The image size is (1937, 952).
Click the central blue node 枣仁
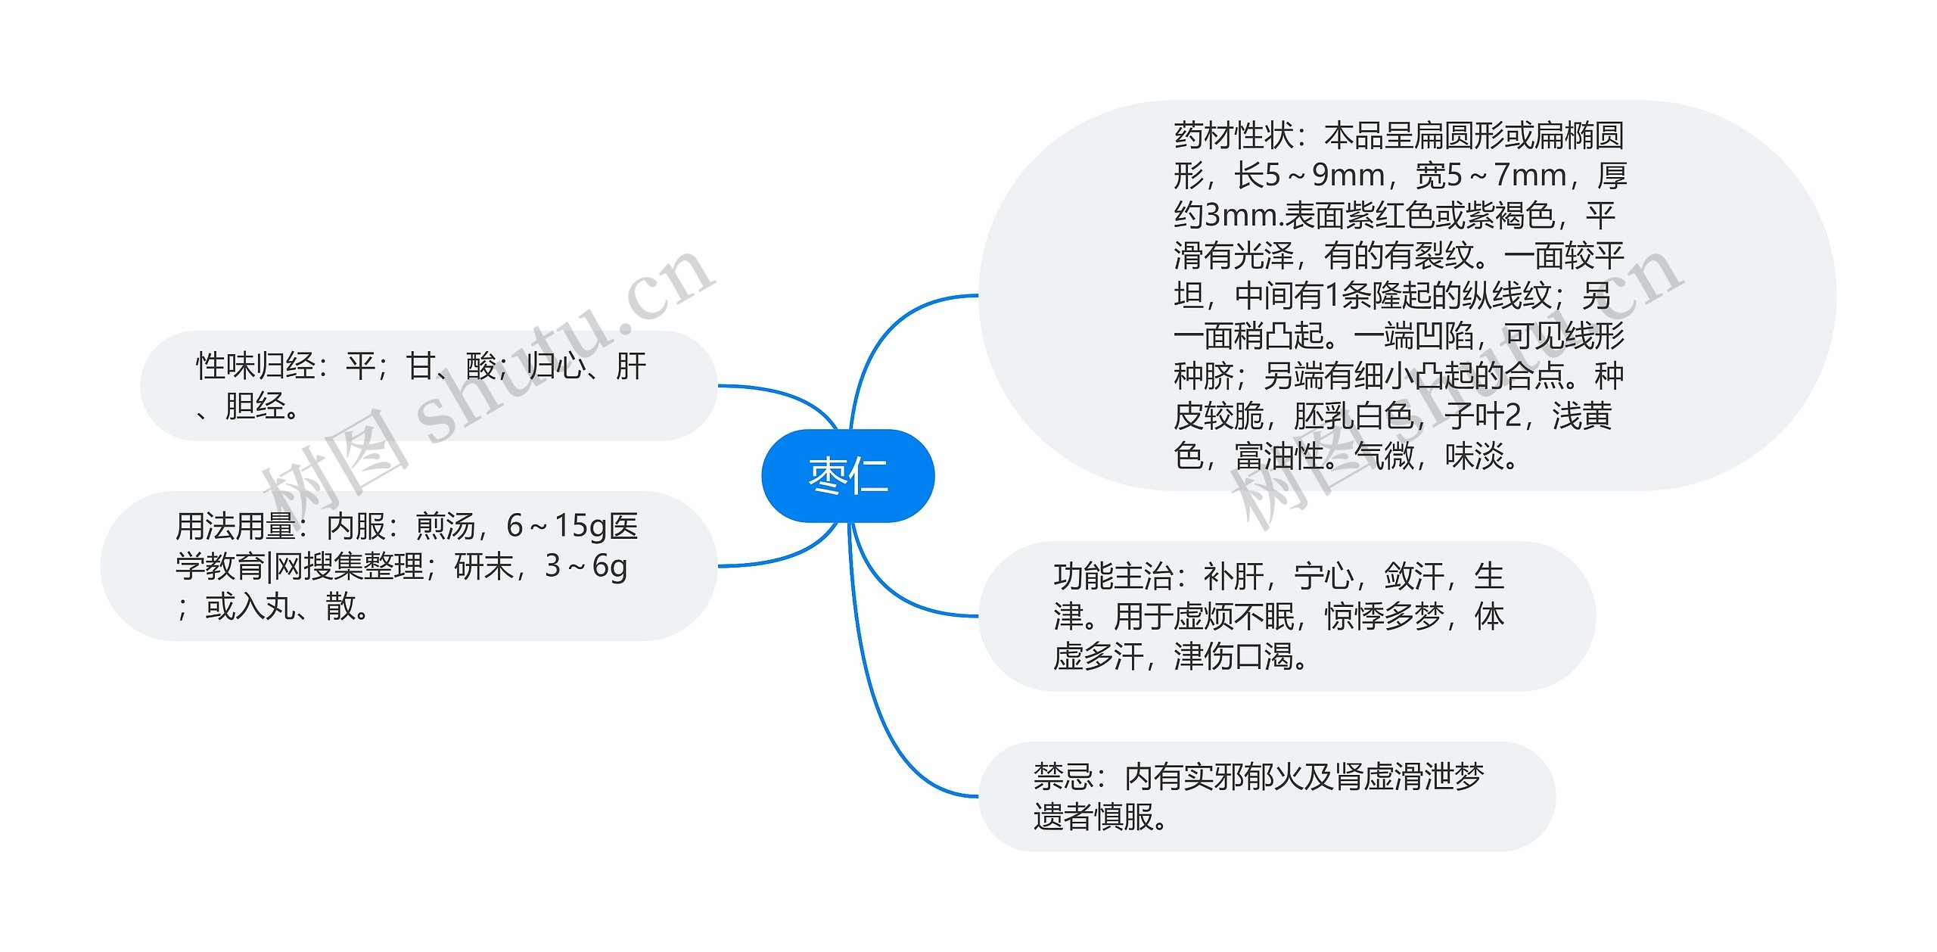847,476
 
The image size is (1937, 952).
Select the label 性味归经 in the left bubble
255,367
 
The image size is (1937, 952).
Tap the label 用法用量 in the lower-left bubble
235,527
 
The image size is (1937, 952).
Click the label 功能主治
1112,577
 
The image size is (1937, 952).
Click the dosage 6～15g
557,527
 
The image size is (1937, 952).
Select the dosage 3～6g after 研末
586,566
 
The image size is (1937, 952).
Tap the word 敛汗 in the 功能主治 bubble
1413,577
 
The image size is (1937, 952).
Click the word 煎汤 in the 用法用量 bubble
446,527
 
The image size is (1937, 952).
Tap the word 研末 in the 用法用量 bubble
484,566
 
